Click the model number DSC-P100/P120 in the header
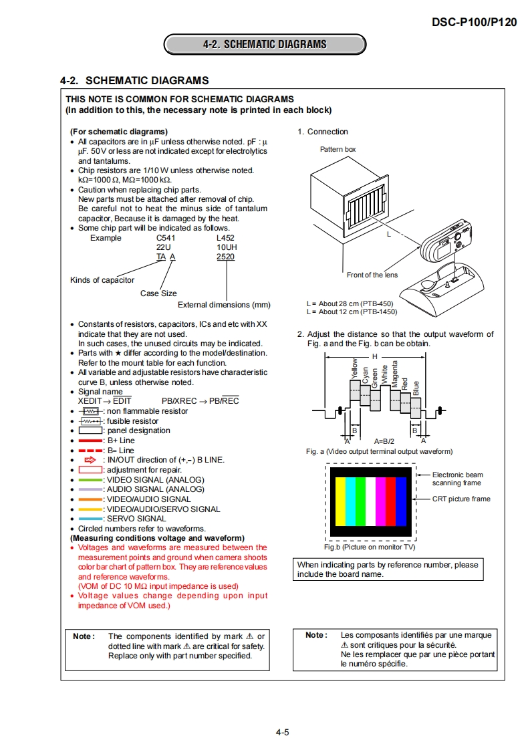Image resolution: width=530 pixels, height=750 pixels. [x=474, y=22]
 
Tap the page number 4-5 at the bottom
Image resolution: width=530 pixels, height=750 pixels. [x=282, y=733]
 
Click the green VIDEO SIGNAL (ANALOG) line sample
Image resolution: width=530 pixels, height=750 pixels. [x=90, y=480]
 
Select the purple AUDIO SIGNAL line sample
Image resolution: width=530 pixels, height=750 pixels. [x=90, y=489]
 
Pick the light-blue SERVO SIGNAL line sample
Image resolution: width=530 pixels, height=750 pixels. [x=90, y=519]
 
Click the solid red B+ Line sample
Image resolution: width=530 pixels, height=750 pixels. [x=90, y=441]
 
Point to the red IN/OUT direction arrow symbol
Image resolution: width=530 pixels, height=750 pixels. [x=90, y=460]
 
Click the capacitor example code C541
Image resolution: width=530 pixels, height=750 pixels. [x=165, y=238]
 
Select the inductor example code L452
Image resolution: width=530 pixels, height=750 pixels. [x=225, y=238]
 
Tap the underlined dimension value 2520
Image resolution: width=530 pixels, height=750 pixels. [x=225, y=257]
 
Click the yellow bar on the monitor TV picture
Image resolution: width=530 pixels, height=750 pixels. [x=340, y=502]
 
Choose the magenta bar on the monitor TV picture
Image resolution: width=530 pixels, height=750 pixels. [x=380, y=502]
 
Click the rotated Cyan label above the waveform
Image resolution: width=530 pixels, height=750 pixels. [x=366, y=375]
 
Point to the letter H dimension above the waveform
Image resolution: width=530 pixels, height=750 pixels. [x=375, y=356]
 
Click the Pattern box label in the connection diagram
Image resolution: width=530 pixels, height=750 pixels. [x=338, y=150]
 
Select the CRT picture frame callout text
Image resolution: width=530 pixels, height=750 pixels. [x=461, y=499]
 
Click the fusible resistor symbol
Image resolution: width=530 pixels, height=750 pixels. [x=90, y=421]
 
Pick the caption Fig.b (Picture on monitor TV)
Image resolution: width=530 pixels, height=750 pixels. [x=370, y=547]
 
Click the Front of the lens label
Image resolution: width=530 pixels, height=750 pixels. [x=372, y=275]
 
